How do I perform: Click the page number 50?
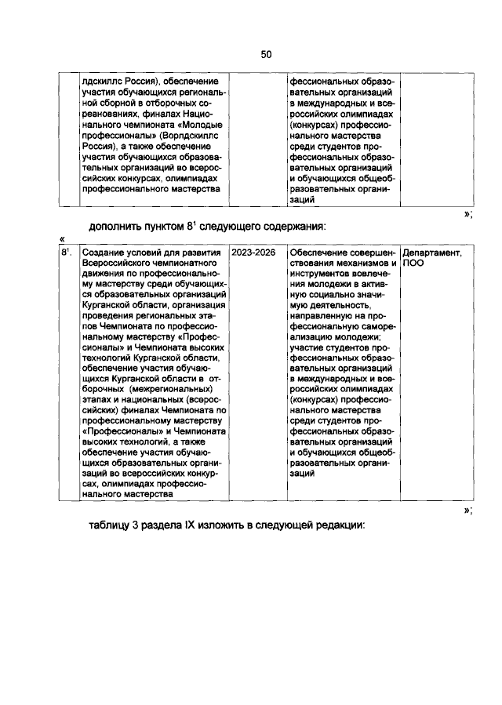266,54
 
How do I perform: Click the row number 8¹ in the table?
67,253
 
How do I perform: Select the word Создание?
107,253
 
